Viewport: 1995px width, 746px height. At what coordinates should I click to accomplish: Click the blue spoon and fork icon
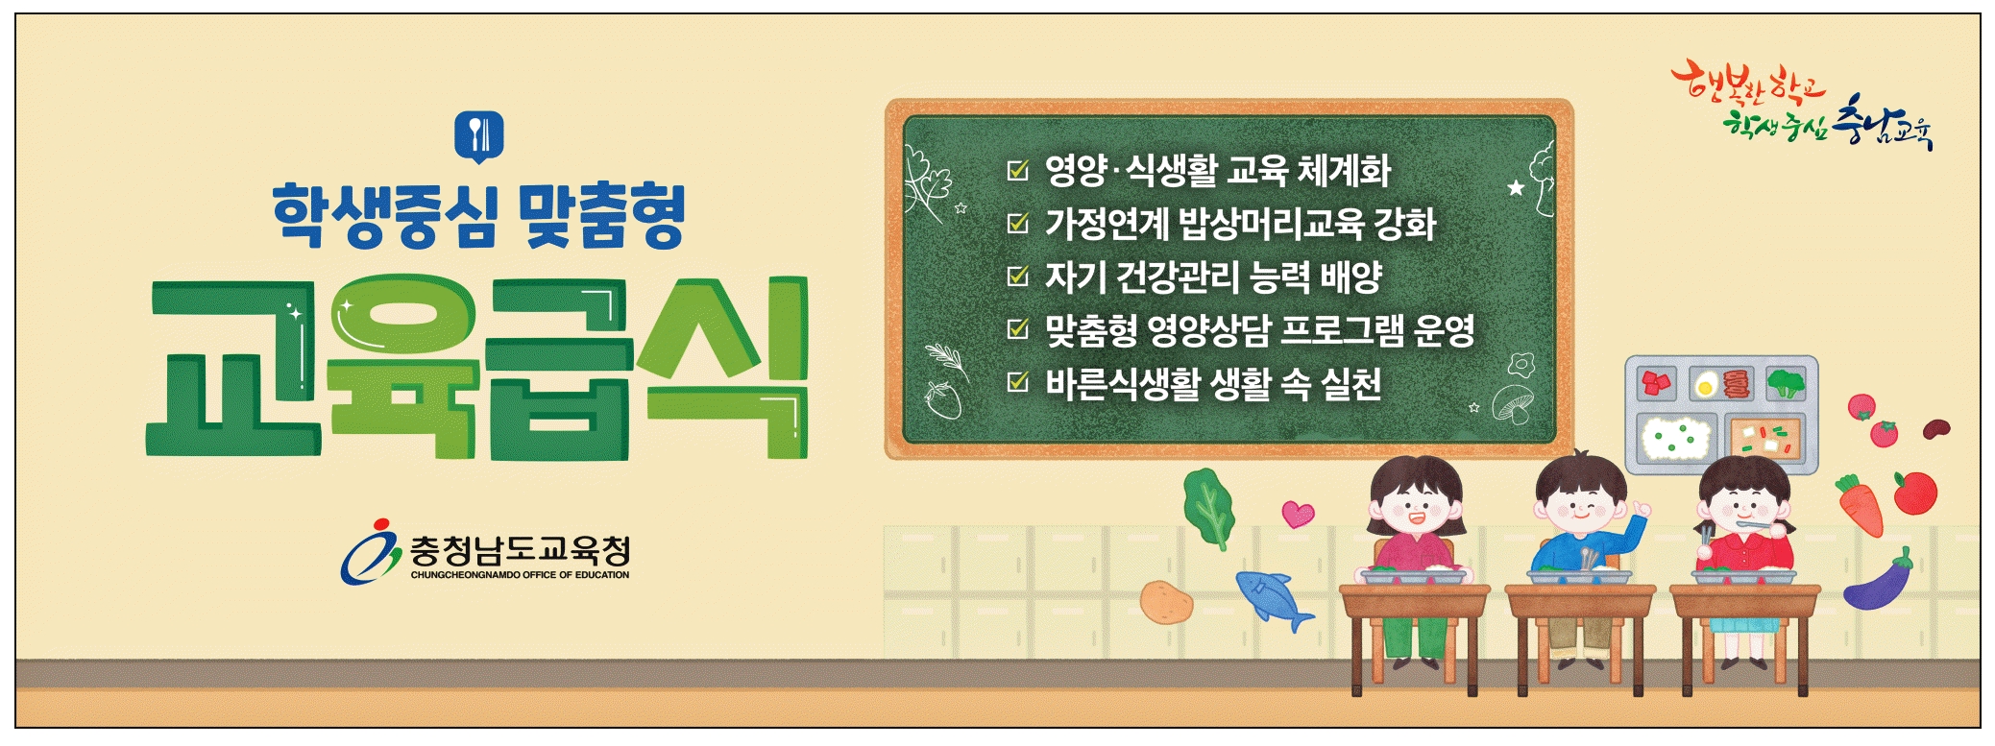(478, 137)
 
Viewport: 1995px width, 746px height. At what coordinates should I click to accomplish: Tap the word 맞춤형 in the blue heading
(600, 216)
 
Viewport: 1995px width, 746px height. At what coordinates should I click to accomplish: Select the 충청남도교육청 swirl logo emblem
(370, 552)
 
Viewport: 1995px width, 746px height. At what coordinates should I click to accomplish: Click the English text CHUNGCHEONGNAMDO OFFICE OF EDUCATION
(520, 575)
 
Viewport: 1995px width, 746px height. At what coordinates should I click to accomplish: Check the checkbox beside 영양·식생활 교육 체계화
(1017, 171)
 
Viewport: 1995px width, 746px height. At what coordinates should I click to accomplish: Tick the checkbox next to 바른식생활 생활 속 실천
(1017, 382)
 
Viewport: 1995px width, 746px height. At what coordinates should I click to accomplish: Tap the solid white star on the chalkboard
(1516, 187)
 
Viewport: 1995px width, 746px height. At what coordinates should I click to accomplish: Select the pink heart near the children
(1298, 514)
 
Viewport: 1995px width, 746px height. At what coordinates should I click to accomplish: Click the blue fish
(1274, 599)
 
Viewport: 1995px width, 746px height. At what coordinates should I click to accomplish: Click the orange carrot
(1858, 505)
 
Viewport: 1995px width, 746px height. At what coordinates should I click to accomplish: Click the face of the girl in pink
(1416, 506)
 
